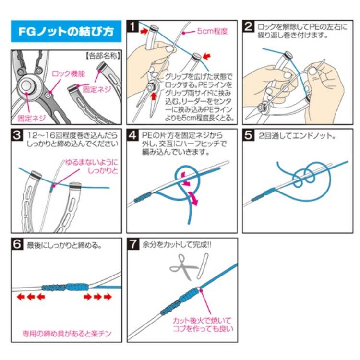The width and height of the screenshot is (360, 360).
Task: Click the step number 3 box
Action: (x=17, y=136)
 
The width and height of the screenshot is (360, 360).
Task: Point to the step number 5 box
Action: (x=249, y=136)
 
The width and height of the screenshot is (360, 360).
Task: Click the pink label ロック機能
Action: (x=69, y=74)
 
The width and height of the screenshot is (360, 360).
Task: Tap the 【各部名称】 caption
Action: (x=102, y=56)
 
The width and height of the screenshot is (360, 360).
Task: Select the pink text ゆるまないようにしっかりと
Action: (x=91, y=167)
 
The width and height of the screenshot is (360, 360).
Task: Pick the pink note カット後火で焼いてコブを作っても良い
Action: (x=203, y=324)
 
